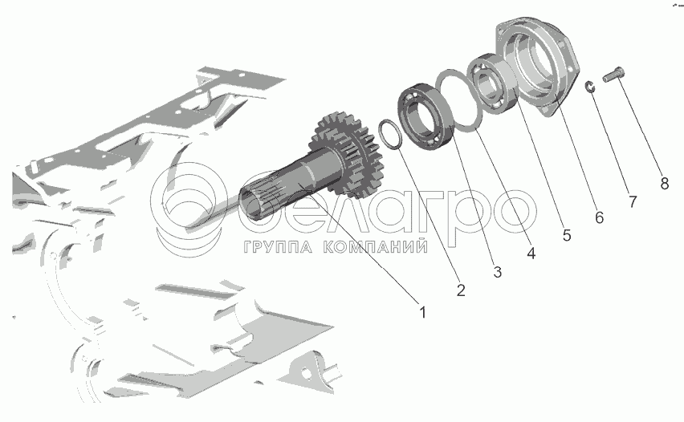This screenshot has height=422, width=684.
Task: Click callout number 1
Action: point(422,313)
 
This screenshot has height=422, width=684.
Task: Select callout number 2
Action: point(461,290)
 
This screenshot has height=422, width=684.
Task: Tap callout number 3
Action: point(497,272)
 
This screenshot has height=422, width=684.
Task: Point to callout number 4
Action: point(531,254)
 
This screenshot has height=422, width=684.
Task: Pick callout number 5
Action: point(567,235)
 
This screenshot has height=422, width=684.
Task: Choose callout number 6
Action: point(600,217)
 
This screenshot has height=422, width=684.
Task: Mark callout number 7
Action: point(633,201)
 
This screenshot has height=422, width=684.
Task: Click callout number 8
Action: point(665,184)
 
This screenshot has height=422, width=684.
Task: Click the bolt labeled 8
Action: point(613,75)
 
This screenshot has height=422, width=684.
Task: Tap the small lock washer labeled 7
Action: point(589,87)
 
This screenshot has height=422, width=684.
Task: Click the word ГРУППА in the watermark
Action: point(278,247)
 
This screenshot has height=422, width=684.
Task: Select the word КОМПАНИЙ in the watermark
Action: point(376,247)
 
